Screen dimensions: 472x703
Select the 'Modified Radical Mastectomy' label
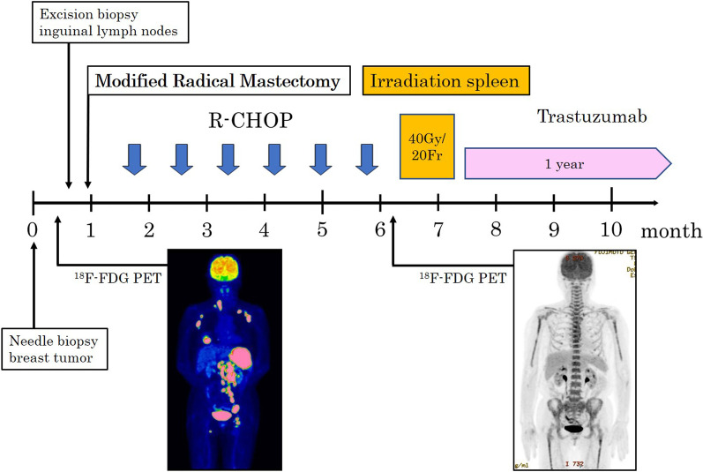(x=217, y=82)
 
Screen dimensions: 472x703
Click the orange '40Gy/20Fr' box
(x=427, y=146)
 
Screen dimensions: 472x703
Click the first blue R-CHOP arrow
(x=135, y=158)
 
